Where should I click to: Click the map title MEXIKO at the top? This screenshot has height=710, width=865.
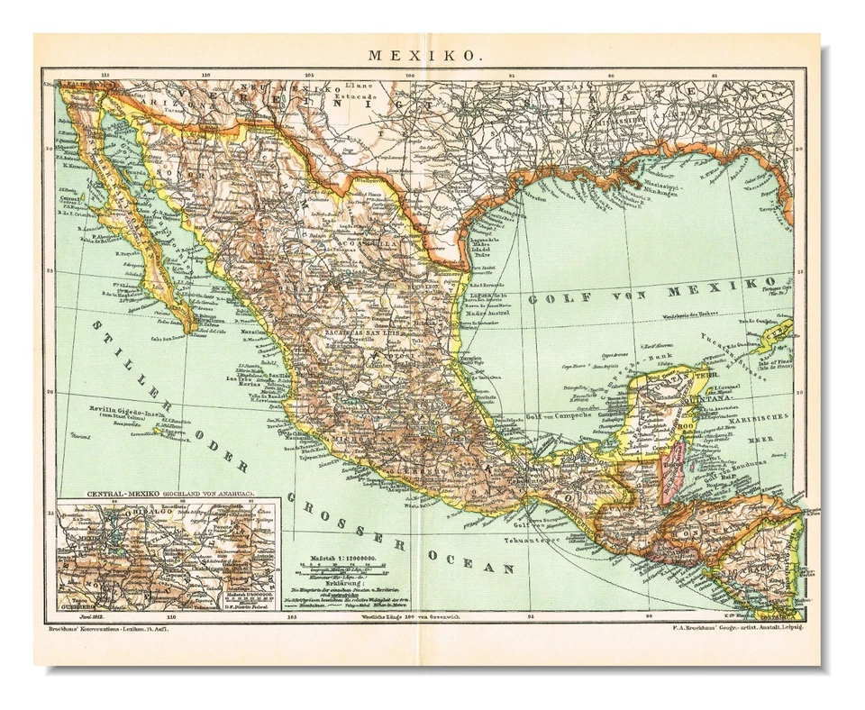point(422,55)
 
